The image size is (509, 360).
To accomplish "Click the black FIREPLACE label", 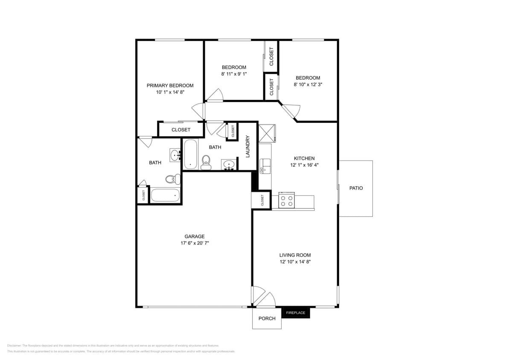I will click(295, 313).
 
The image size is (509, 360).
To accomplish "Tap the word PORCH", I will click(267, 319).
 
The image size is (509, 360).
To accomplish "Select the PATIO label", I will click(356, 188).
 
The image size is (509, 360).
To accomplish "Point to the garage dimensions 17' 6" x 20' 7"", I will click(194, 243).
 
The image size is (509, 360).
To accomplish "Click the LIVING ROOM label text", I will click(295, 255).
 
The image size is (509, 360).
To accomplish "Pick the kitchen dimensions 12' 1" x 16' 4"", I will click(304, 165).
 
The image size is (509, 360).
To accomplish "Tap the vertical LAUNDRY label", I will click(247, 146).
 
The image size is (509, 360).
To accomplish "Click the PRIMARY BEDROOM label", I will click(170, 85).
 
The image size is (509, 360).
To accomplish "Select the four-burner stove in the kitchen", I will click(286, 200).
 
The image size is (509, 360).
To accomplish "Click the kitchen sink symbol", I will click(265, 164).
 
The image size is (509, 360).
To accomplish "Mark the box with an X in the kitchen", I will click(267, 133).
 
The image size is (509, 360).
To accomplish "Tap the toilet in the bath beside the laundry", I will click(206, 162).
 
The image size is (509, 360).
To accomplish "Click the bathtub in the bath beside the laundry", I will click(190, 154).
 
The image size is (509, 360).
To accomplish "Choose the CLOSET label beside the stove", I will click(262, 200).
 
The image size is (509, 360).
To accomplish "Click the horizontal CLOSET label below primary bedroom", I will click(181, 130).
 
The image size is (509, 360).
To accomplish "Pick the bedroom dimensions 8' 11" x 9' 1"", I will click(234, 74).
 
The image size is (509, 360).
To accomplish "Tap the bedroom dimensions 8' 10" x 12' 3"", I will click(308, 84).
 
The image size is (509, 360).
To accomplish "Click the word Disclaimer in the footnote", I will click(15, 345).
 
